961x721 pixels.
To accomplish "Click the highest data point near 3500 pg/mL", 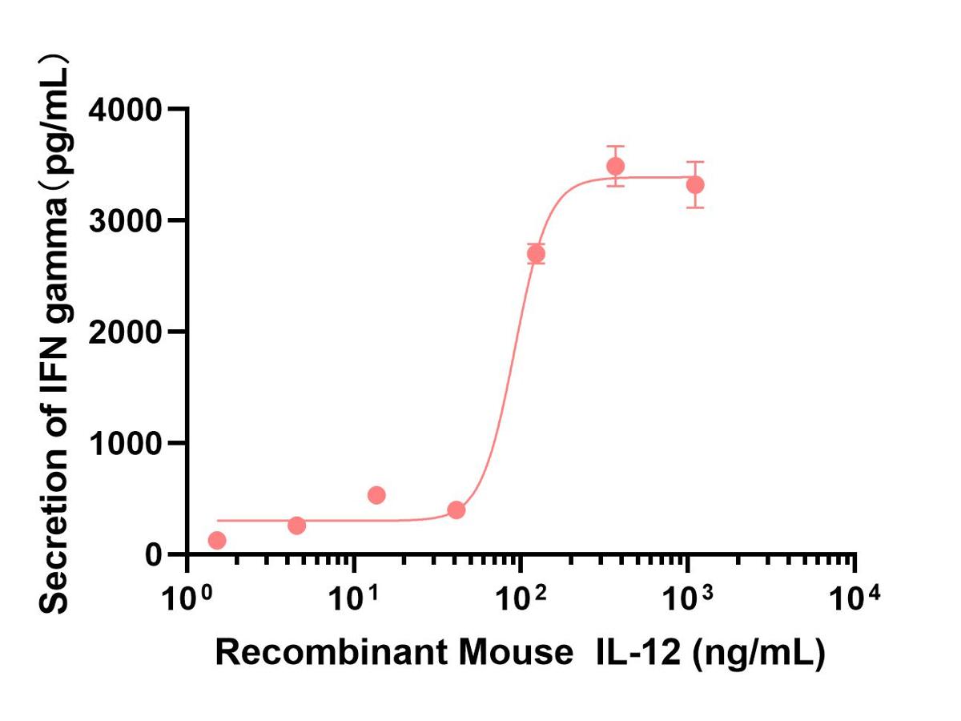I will [x=615, y=167].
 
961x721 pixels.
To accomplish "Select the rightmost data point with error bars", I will [x=695, y=185].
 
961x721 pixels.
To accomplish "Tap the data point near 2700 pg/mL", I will [x=536, y=255].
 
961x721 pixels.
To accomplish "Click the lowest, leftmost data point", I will [x=216, y=541].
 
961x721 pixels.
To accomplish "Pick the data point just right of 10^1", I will [x=376, y=495].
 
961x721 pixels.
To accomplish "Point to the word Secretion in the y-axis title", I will [x=54, y=545].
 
